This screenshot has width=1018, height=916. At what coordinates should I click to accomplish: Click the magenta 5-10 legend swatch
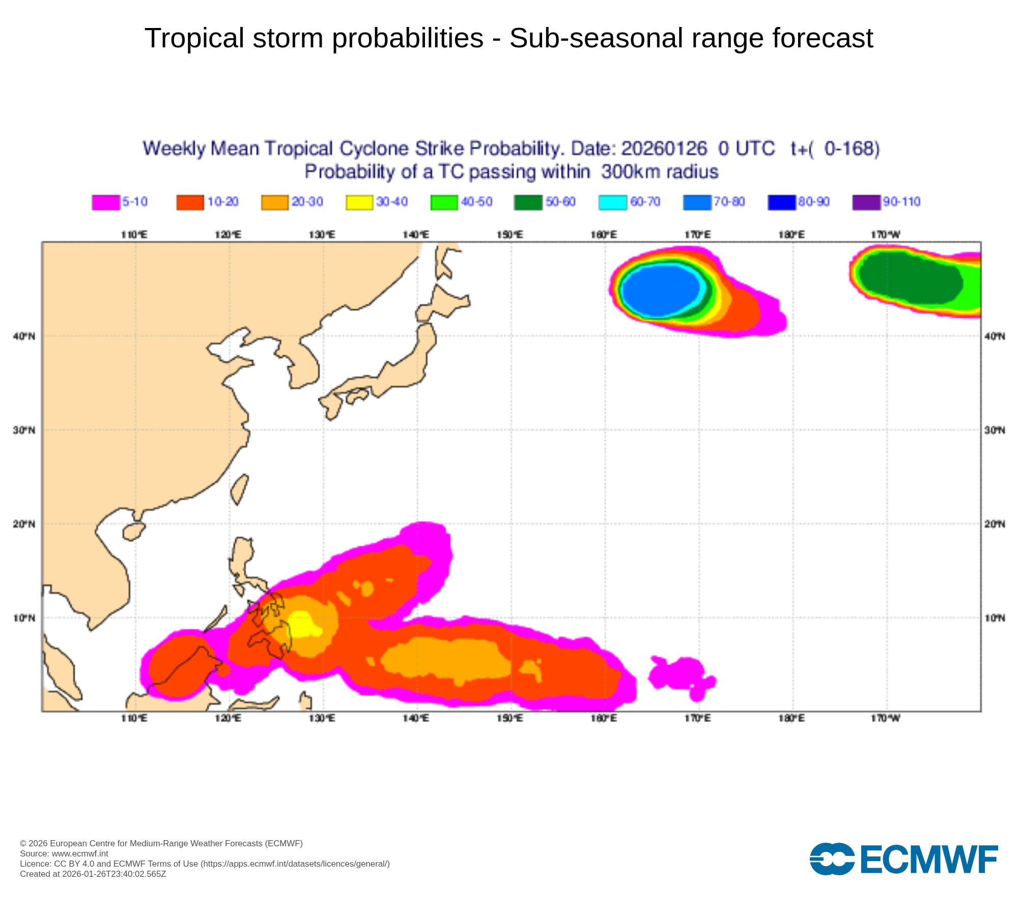[x=106, y=202]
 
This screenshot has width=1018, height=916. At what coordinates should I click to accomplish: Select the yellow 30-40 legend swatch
[x=359, y=202]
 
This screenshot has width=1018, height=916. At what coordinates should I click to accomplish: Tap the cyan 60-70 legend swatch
[x=613, y=202]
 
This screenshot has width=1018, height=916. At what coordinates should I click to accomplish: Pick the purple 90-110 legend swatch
[x=866, y=202]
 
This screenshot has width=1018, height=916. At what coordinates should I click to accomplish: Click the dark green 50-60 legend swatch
[x=528, y=202]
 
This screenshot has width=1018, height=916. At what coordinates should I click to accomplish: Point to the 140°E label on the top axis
[x=416, y=235]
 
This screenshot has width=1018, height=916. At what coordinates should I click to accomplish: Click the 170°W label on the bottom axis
[x=886, y=718]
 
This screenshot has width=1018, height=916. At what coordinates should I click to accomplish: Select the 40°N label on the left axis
[x=24, y=336]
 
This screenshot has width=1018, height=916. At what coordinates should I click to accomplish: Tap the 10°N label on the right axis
[x=995, y=618]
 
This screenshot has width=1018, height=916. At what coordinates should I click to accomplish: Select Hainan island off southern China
[x=133, y=531]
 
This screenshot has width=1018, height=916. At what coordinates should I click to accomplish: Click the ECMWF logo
[x=903, y=859]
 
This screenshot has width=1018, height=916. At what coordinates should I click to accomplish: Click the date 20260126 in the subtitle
[x=664, y=149]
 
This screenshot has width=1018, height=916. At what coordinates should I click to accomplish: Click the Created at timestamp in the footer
[x=93, y=874]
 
